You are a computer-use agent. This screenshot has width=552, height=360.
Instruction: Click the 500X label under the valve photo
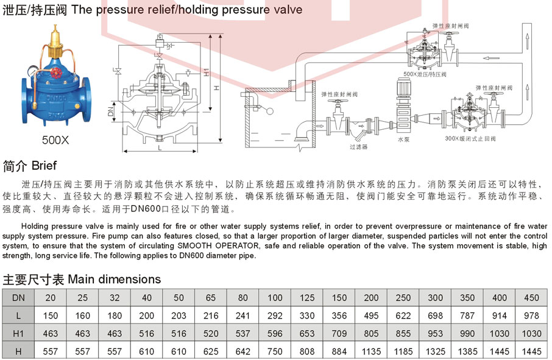[x=55, y=139]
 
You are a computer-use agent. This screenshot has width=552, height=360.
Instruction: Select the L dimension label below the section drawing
[x=159, y=147]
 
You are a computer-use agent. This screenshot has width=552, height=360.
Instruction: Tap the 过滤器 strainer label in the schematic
[x=358, y=146]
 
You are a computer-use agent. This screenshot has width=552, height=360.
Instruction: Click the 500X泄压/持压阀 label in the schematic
[x=425, y=74]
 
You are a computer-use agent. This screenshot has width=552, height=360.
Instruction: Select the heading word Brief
[x=43, y=166]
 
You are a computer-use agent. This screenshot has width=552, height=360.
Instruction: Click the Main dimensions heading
[x=114, y=280]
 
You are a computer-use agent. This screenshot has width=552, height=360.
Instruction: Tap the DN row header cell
[x=18, y=298]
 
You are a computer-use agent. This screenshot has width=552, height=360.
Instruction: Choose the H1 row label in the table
[x=18, y=333]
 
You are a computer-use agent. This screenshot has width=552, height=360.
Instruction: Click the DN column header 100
[x=275, y=298]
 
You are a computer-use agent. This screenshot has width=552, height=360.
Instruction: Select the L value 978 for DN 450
[x=532, y=316]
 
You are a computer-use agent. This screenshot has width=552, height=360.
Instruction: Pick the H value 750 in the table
[x=275, y=351]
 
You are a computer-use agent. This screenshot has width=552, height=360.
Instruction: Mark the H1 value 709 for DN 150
[x=339, y=333]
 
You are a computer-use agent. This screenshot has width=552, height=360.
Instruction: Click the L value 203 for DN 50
[x=179, y=316]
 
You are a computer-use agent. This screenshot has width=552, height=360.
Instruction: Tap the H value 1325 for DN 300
[x=436, y=351]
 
